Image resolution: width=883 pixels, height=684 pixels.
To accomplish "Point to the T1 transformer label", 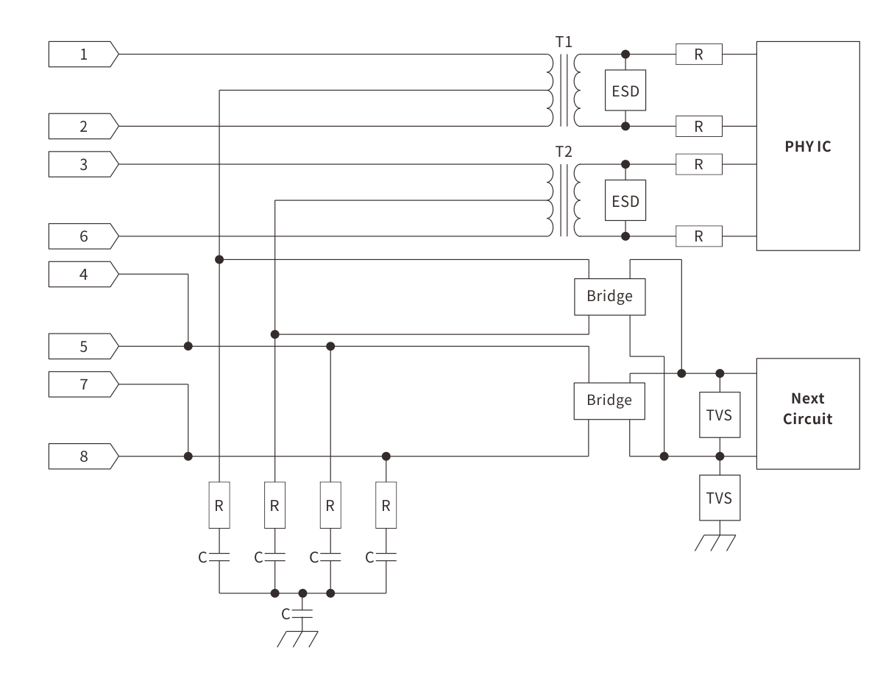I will pos(564,42).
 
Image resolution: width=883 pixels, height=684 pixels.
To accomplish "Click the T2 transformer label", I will pos(564,152).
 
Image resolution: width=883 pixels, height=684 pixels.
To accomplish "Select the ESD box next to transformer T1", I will pos(625,91).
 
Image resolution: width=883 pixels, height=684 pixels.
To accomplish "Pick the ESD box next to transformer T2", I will pos(625,200).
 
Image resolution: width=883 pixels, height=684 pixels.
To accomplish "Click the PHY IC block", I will pos(807,146).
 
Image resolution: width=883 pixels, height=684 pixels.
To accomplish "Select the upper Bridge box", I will pos(609,296).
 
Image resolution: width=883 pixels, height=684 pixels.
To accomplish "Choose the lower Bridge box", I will pos(609,401).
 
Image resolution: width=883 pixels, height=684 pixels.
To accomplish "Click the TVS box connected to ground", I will pos(720,498).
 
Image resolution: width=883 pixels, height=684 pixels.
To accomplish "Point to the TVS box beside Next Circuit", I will pos(720,415).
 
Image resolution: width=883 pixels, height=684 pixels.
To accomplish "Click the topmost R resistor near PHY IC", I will pos(698,54).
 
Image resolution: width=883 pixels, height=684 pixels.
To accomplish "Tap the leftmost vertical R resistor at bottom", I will pos(219,505).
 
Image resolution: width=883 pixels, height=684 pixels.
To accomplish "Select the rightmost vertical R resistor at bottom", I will pos(386,505).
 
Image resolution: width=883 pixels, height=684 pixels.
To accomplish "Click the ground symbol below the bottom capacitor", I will pos(298,638).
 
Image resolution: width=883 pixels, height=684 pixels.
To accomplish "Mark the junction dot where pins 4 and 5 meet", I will pos(188,346).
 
